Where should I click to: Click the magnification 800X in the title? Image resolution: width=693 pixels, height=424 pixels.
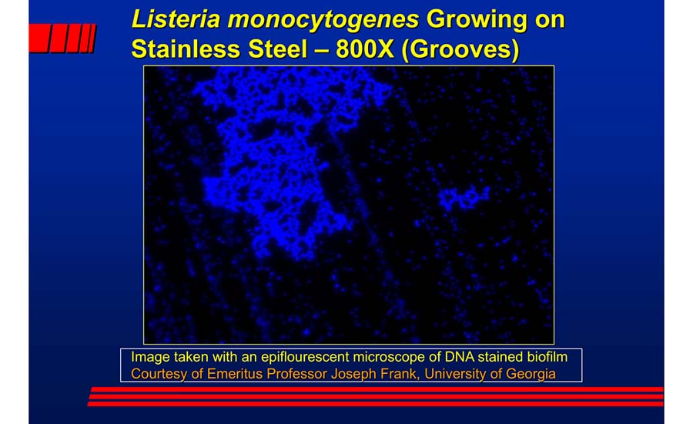coord(363,49)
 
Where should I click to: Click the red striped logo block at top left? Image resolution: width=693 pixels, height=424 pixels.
coord(62,38)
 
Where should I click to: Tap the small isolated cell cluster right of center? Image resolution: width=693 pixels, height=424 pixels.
coord(464,199)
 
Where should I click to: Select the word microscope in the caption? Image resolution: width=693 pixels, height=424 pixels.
coord(386,358)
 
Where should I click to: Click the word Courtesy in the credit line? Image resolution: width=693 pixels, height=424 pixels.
coord(158,374)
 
